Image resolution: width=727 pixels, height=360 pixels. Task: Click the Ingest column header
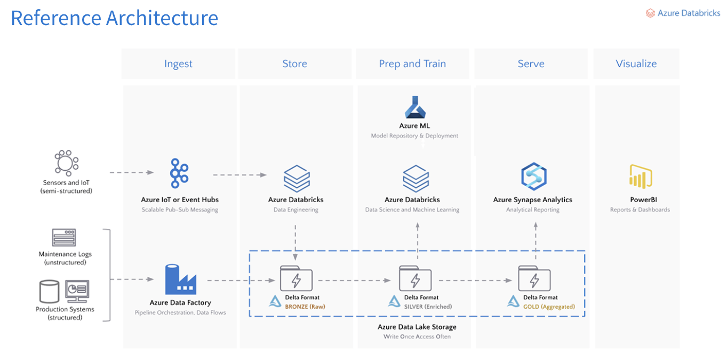point(178,64)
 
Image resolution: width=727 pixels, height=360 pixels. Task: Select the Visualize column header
point(636,64)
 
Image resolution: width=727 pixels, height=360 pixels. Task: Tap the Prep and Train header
point(412,64)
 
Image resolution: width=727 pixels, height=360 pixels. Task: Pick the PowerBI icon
point(640,177)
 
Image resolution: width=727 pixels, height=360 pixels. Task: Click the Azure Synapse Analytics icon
point(533,177)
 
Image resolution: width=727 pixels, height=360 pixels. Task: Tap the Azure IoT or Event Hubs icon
point(179,173)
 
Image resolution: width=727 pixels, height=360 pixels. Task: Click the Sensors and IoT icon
point(66,162)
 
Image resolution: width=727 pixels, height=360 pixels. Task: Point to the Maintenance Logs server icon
point(64,237)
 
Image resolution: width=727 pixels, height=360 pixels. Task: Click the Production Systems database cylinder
point(49,291)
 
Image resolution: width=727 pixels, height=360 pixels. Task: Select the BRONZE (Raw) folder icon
point(296,278)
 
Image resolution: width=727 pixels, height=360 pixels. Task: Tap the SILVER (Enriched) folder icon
point(415,278)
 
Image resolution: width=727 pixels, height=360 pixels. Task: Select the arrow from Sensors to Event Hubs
point(131,173)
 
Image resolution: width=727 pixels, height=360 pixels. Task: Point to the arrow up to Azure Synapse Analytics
point(536,235)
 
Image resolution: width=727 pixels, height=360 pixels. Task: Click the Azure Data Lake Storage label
point(417,327)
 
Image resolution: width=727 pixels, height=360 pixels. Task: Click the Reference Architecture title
point(115,18)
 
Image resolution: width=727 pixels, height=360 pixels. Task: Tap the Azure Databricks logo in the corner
point(683,13)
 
